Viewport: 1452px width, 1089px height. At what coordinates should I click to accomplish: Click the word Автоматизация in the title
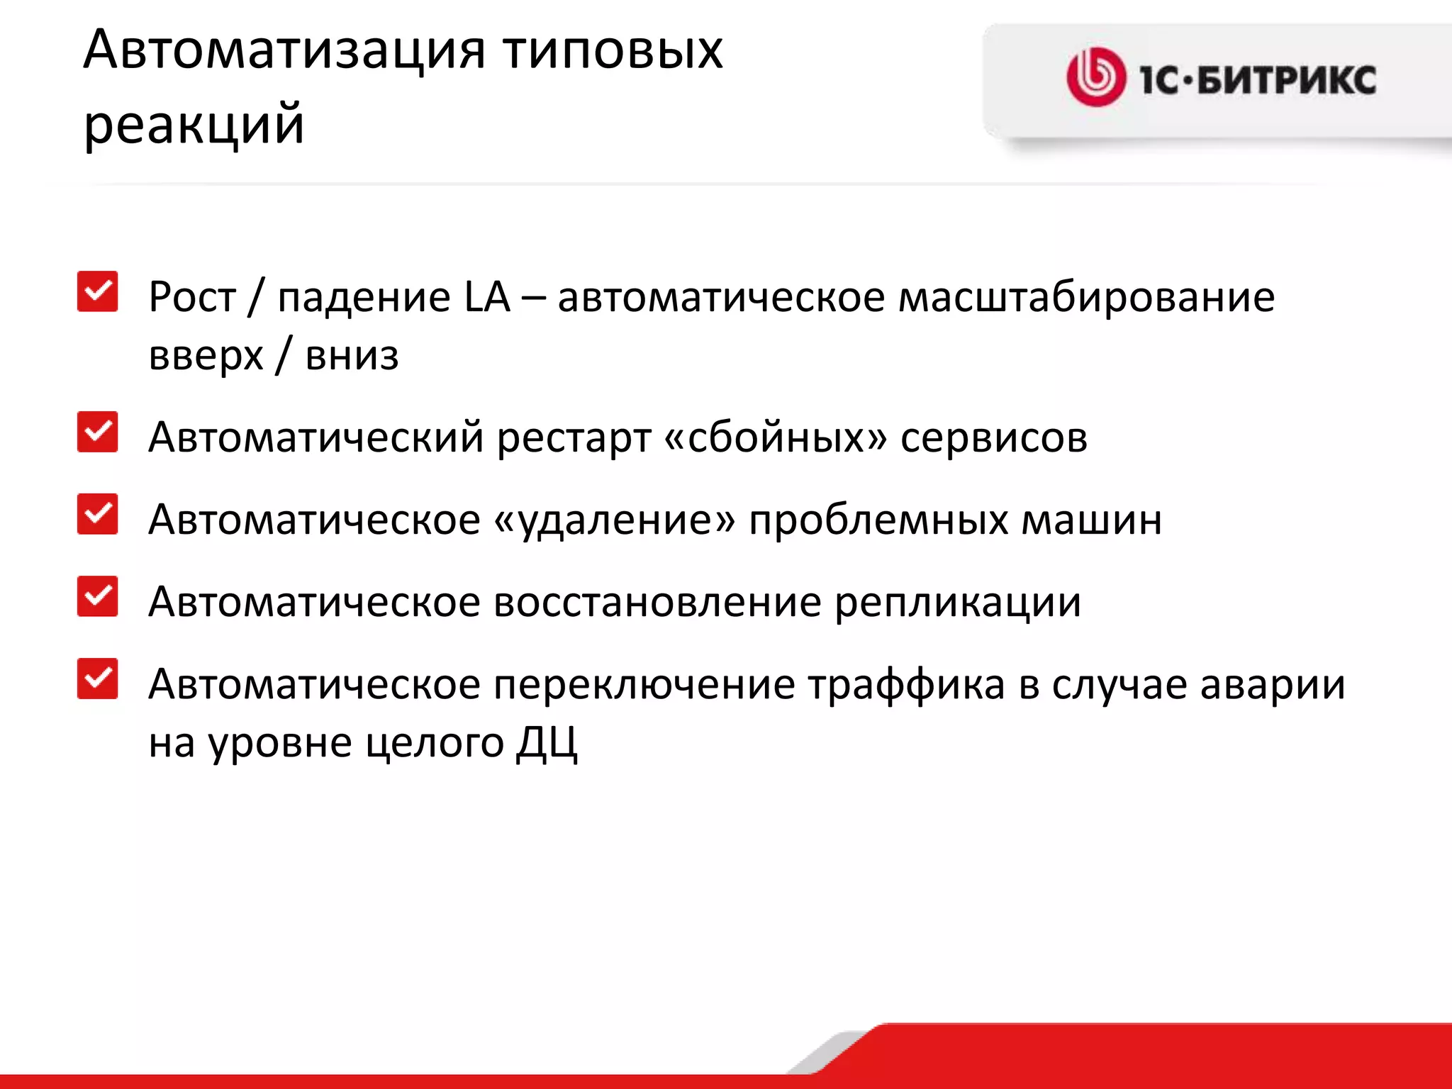(284, 50)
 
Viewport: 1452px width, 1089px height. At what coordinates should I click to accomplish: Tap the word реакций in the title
(194, 125)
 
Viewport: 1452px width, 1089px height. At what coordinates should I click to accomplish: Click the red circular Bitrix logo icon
(1095, 77)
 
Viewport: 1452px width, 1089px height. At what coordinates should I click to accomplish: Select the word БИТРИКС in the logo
(1287, 79)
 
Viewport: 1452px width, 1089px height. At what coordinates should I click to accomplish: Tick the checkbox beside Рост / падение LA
(98, 291)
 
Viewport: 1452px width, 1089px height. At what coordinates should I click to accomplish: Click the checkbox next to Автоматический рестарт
(98, 432)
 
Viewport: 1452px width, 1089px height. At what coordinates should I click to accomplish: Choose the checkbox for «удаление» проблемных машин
(98, 514)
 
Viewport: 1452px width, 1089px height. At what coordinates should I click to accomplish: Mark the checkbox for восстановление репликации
(98, 596)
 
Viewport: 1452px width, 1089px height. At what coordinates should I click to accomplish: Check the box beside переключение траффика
(98, 679)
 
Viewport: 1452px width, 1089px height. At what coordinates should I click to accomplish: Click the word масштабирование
(1086, 297)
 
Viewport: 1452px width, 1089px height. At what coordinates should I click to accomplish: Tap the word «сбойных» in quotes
(776, 437)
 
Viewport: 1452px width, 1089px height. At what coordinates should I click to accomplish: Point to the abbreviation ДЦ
(547, 744)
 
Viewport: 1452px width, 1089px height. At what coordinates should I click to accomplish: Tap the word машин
(1091, 520)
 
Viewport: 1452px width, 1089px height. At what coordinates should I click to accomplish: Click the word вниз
(352, 355)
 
